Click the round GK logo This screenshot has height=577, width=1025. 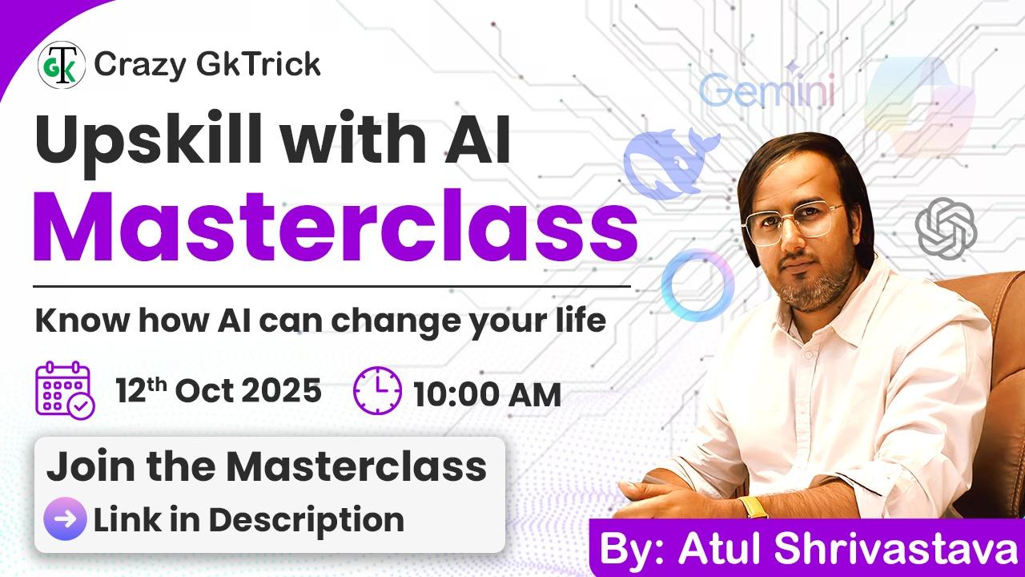tap(62, 65)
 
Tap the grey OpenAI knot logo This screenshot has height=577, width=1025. tap(946, 228)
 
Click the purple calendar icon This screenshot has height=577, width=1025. tap(65, 390)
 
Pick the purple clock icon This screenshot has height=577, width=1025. tap(377, 390)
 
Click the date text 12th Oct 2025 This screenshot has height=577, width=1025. tap(219, 390)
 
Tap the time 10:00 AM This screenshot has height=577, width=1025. tap(487, 395)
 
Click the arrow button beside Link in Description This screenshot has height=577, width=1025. tap(65, 518)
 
